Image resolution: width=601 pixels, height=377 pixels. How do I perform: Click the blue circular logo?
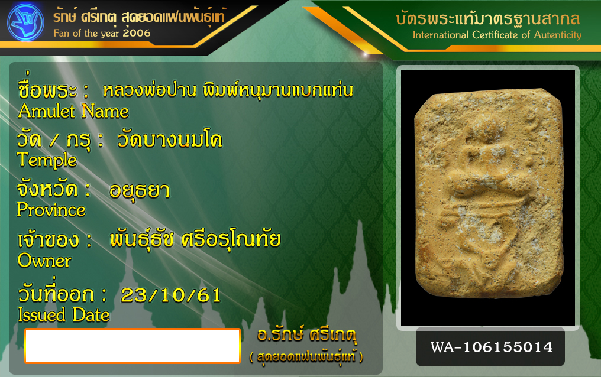25,22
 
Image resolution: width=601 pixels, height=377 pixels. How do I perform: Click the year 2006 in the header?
137,33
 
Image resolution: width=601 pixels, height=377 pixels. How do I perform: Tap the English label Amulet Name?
73,111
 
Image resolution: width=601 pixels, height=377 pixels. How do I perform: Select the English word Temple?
47,160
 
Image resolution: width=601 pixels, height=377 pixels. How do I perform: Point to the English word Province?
51,210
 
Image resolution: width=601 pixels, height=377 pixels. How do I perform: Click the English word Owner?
44,261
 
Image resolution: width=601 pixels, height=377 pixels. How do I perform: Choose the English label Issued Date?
64,315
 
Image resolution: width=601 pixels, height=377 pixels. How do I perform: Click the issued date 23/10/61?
171,295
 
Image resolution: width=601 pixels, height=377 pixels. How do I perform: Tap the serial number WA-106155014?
492,347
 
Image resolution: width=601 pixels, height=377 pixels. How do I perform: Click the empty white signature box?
133,346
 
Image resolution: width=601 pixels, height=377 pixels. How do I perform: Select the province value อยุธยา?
140,190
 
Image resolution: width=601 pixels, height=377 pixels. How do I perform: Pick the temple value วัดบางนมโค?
169,139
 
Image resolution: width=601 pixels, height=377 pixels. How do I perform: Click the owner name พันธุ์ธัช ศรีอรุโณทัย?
195,239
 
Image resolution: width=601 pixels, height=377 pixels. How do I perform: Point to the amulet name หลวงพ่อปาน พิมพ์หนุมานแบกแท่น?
228,90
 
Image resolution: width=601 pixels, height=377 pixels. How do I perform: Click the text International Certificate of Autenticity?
497,35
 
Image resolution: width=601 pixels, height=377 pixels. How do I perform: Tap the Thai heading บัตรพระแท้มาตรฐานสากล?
488,18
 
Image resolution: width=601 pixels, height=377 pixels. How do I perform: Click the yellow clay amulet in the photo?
489,193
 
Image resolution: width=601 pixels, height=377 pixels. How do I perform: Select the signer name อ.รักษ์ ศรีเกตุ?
306,334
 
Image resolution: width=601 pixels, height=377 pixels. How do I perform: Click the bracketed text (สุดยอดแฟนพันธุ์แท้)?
306,357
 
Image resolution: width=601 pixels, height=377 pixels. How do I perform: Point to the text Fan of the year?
86,33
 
